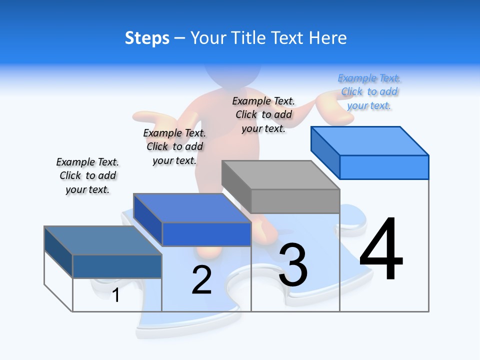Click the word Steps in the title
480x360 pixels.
point(147,38)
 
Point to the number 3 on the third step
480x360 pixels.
point(293,265)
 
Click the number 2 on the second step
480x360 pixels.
point(201,280)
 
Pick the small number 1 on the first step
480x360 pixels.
point(116,295)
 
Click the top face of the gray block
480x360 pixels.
point(280,175)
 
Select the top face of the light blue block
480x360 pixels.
point(370,140)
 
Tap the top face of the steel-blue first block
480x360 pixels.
point(102,240)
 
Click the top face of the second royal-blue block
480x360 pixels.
point(192,208)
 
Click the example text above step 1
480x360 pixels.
point(87,175)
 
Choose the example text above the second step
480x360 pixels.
point(174,146)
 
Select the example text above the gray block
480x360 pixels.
point(263,114)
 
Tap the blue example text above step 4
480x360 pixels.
point(369,91)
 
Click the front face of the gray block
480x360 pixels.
point(295,201)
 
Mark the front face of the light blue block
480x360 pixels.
point(384,167)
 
